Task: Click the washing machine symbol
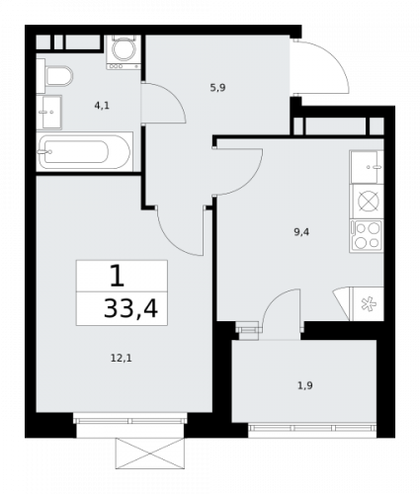pyautogui.click(x=125, y=50)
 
